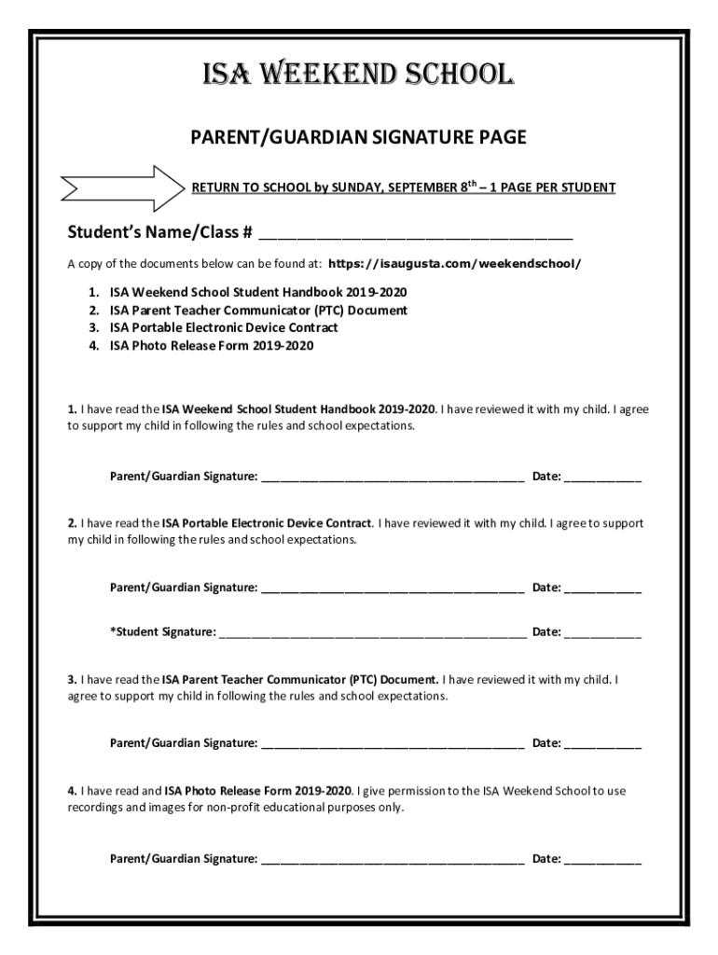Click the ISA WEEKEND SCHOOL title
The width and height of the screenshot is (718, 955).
pos(358,75)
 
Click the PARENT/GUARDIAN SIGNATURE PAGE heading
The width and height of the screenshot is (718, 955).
pos(359,138)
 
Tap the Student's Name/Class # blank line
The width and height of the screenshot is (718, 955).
pos(416,233)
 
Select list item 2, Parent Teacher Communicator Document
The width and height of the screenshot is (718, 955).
pos(257,310)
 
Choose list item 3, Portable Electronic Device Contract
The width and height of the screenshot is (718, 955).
pos(224,327)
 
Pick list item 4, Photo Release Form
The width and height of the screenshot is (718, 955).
pos(212,345)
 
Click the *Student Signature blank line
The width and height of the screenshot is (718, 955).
pos(372,634)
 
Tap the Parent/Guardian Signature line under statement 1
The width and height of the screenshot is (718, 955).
pos(393,479)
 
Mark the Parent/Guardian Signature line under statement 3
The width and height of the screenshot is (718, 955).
pos(393,745)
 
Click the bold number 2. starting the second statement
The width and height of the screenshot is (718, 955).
pos(72,523)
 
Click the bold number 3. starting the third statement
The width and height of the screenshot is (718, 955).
pos(72,679)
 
